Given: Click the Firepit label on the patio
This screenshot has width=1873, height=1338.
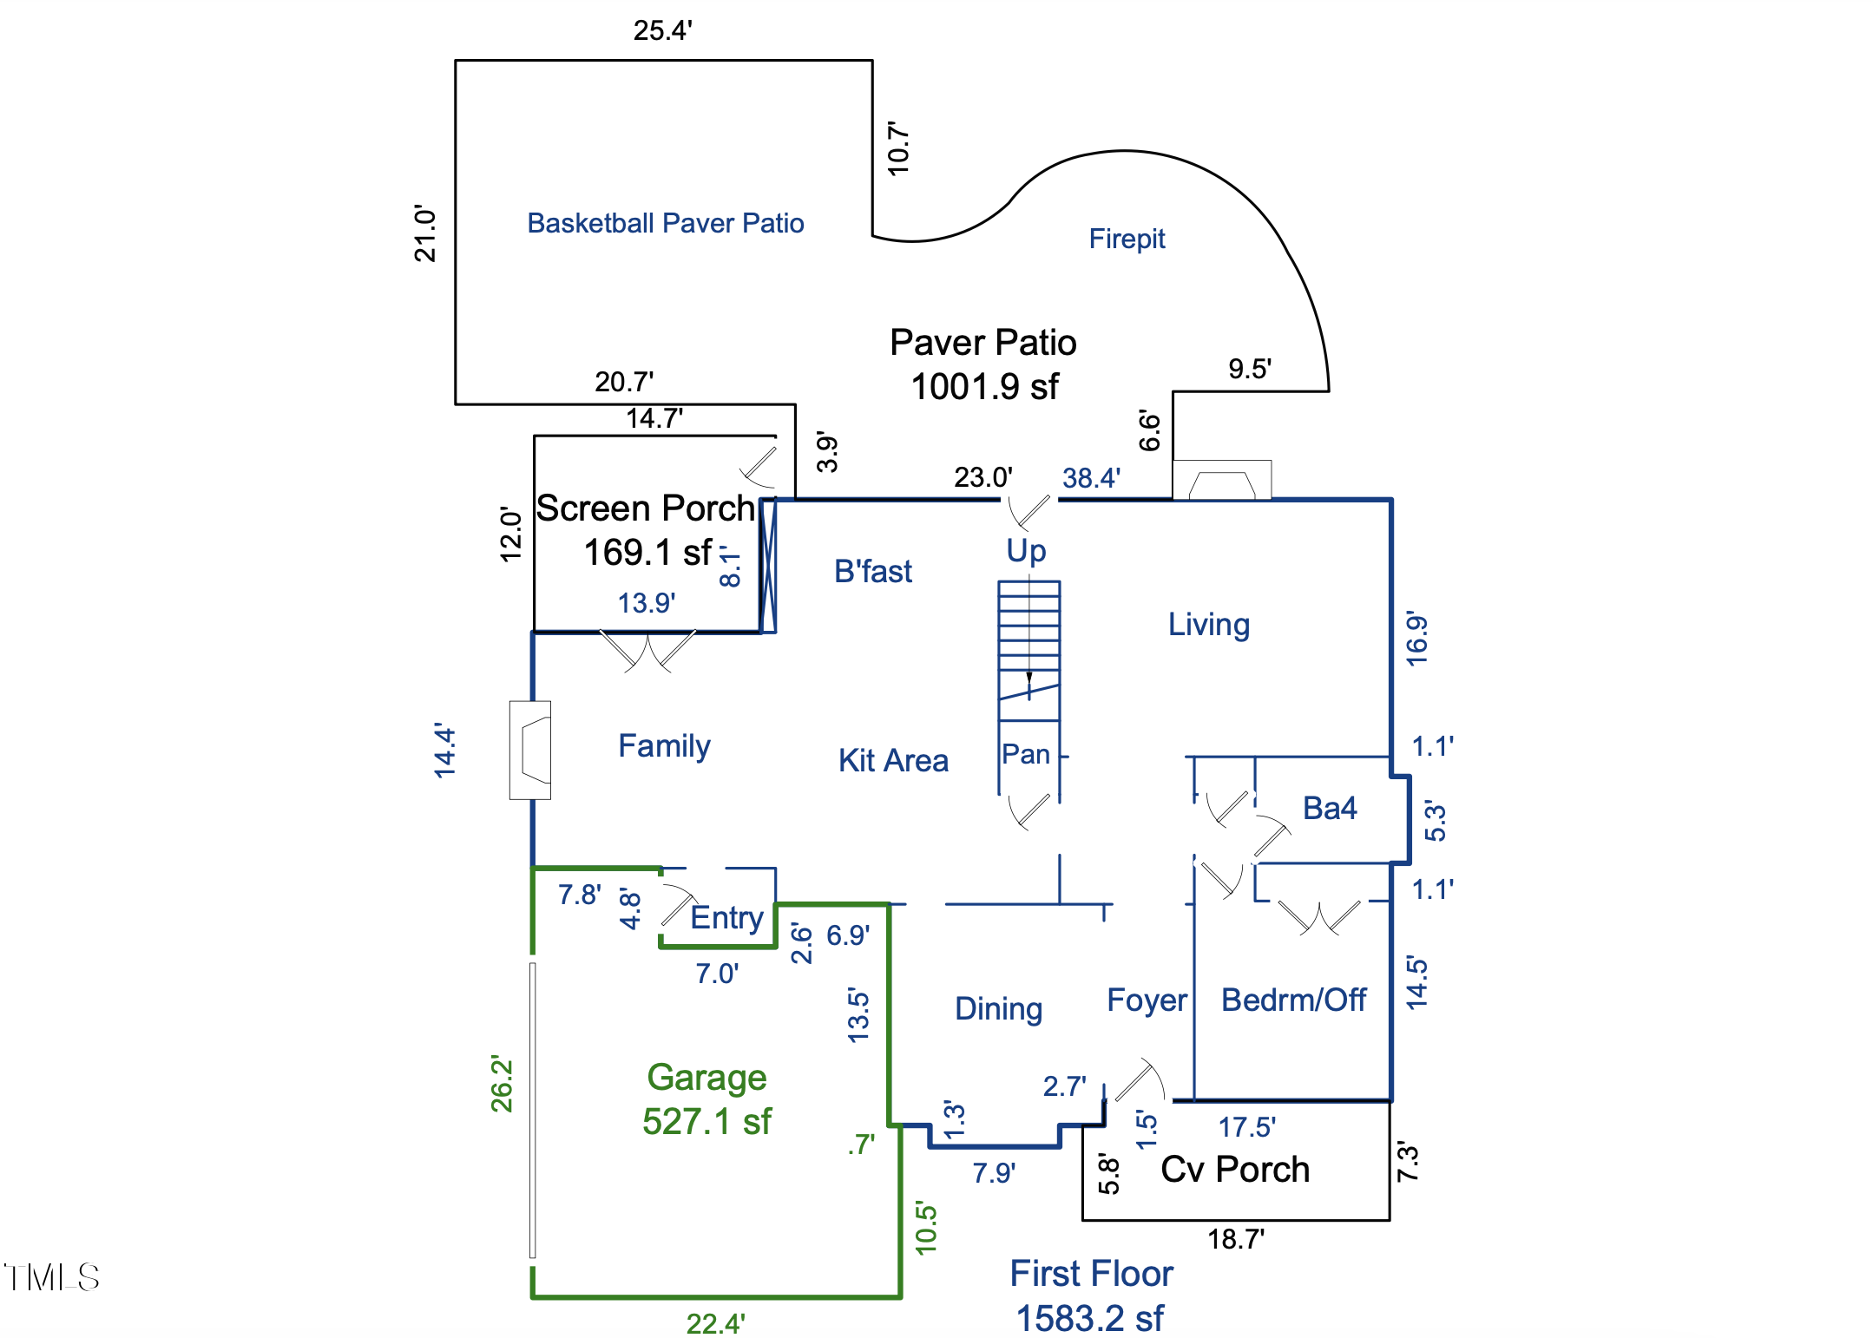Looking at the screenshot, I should tap(1127, 239).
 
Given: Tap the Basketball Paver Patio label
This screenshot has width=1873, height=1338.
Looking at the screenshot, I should tap(666, 223).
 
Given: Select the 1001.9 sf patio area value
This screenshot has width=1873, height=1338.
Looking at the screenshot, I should tap(984, 387).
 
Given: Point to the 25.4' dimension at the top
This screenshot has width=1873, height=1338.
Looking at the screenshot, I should tap(662, 30).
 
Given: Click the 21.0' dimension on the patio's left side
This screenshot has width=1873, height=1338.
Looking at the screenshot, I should tap(425, 233).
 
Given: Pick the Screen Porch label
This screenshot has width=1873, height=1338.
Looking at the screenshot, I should tap(645, 508).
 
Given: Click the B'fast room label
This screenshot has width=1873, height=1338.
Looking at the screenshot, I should tap(872, 572).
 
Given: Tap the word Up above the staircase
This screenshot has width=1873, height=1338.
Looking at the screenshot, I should tap(1026, 551).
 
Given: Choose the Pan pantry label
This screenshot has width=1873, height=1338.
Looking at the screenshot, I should tap(1026, 755).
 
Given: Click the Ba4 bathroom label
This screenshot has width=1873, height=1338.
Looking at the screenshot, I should tap(1329, 809).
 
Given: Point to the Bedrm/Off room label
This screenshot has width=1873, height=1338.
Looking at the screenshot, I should tap(1293, 1000).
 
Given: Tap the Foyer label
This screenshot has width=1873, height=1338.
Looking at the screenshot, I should tap(1147, 1000).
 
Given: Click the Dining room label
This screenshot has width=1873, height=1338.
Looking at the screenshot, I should tap(998, 1009).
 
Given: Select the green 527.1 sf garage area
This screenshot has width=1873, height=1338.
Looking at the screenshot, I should tap(706, 1122).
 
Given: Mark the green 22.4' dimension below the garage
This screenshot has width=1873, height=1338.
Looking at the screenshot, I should tap(715, 1324).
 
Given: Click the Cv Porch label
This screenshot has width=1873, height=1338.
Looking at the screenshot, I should tap(1234, 1170).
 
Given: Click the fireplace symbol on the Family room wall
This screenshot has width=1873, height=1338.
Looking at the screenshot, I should tap(531, 750).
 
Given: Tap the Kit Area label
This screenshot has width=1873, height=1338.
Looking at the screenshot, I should tap(893, 761).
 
